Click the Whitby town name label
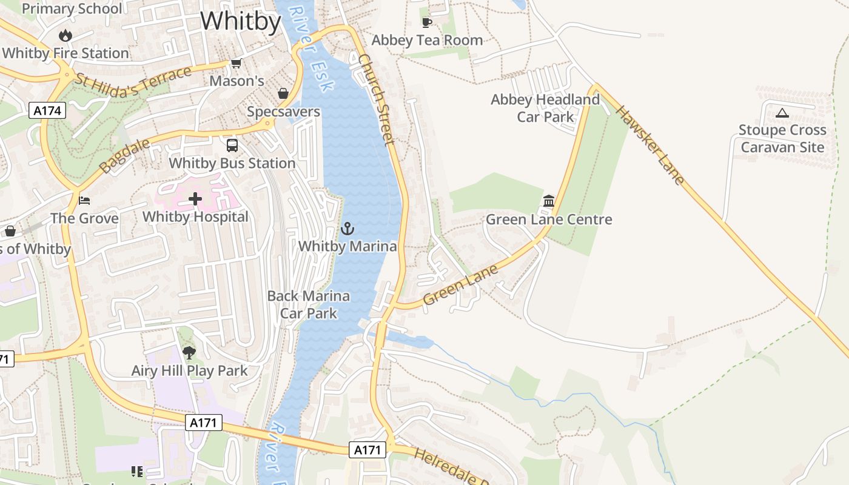point(241,22)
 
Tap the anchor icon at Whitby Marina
point(347,229)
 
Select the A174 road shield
point(47,110)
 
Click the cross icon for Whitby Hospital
point(195,198)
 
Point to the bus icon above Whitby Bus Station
point(232,145)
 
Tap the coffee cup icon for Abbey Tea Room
point(427,23)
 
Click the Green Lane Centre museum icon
point(549,201)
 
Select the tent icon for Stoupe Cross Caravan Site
point(782,113)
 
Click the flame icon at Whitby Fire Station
point(65,36)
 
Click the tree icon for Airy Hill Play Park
point(189,352)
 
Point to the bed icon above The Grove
point(84,200)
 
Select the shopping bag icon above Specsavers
point(283,93)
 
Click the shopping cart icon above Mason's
point(237,63)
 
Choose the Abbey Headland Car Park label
point(545,108)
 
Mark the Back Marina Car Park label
point(308,304)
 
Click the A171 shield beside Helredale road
point(367,450)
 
